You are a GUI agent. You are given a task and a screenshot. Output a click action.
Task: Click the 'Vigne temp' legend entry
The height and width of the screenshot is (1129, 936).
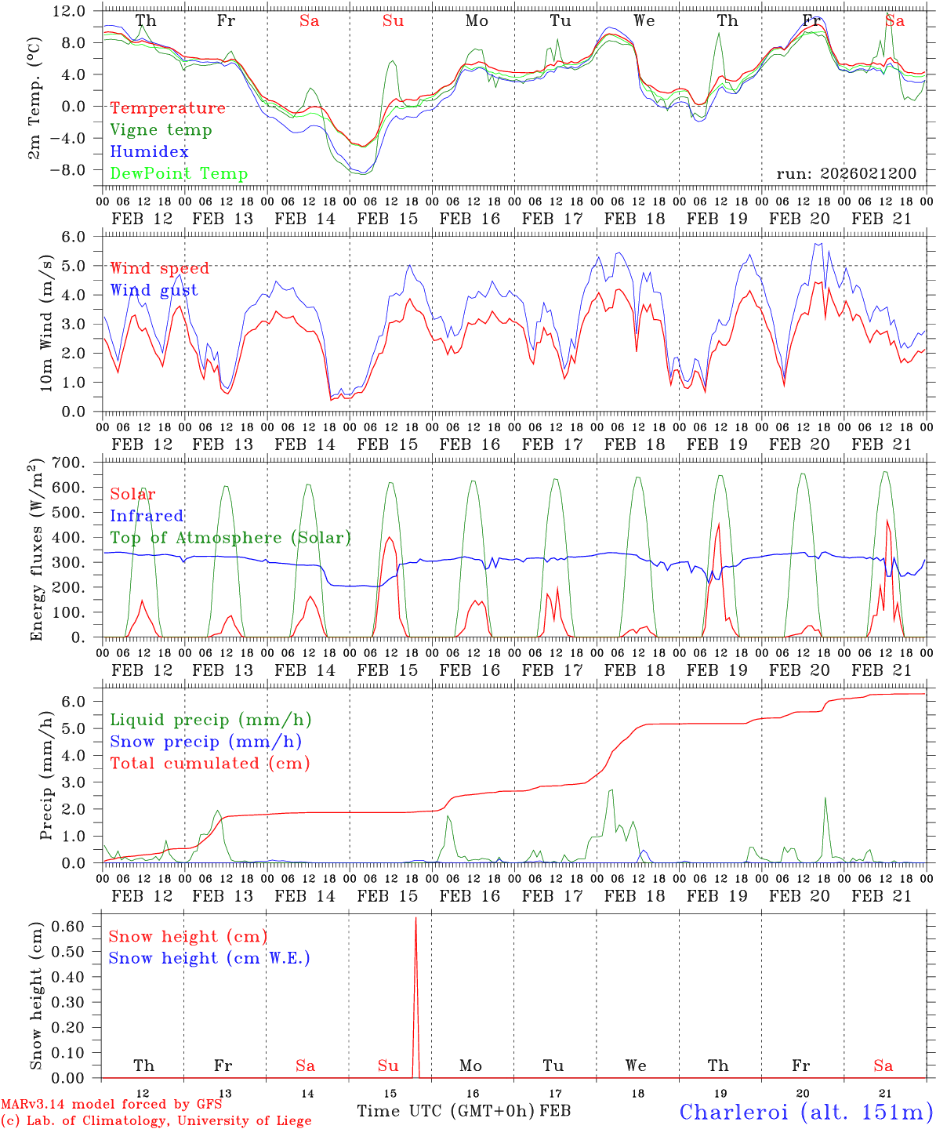pos(161,130)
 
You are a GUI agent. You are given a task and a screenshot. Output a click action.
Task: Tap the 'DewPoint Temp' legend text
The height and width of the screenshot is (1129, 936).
pos(179,174)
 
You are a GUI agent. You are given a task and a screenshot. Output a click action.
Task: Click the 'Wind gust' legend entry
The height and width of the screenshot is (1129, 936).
pos(154,290)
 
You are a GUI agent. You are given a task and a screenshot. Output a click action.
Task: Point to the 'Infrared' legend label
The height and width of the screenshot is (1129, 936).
pos(147,516)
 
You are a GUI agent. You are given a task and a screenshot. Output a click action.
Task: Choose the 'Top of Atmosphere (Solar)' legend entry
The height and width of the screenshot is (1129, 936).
pos(230,538)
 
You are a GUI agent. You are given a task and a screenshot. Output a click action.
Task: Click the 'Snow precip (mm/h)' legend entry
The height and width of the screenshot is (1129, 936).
pos(205,742)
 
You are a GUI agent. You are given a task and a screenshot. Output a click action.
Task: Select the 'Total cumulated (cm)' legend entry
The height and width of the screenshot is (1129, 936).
pos(209,764)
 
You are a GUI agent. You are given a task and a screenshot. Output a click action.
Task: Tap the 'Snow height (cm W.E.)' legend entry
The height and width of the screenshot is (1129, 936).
pos(209,958)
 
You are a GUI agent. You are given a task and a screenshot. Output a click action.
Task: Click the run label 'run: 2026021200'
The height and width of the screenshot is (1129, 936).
pos(846,173)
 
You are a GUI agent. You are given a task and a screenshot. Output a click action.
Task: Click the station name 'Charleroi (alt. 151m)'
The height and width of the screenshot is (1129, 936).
pos(806,1112)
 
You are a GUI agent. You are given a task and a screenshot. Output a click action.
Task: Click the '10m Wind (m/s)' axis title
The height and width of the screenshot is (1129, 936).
pos(47,328)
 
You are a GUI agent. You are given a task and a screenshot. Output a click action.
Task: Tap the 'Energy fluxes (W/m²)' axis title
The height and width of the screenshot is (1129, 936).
pos(36,552)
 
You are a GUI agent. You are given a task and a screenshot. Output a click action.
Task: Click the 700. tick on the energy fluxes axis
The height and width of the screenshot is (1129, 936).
pos(68,463)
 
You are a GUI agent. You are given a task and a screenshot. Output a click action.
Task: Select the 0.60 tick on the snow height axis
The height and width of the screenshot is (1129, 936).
pos(68,926)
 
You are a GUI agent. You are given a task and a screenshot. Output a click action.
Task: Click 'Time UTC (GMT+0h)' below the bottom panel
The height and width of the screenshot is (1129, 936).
pos(445,1111)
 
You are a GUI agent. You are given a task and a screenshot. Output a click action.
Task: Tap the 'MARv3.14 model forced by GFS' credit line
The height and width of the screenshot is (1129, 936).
pos(111,1105)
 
